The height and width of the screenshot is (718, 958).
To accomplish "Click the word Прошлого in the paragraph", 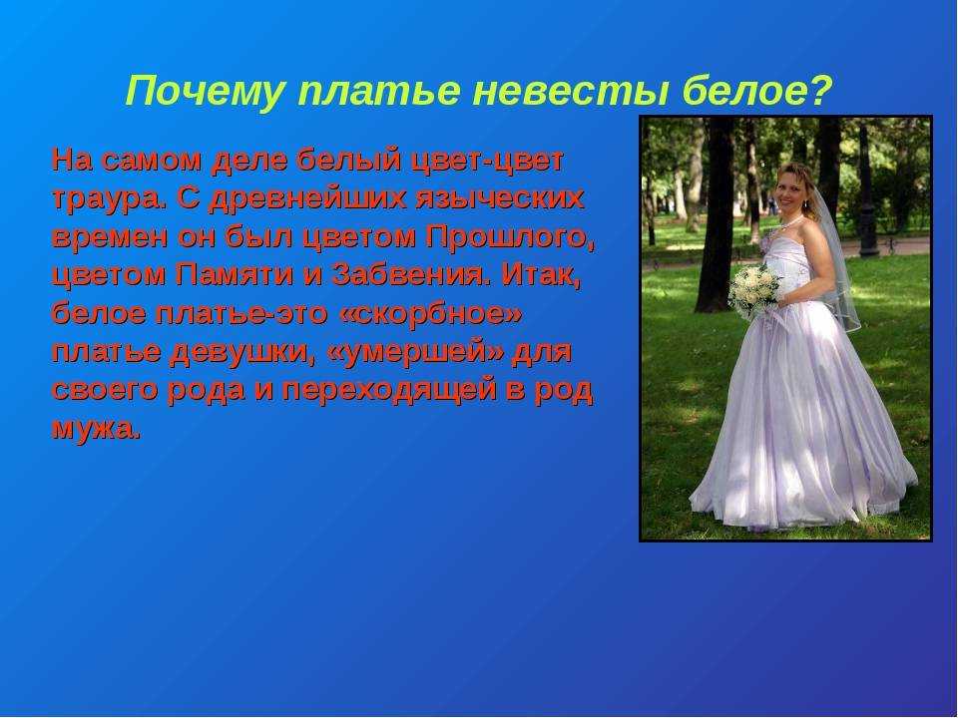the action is pyautogui.click(x=510, y=237).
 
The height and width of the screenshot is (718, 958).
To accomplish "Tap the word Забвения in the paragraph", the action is pyautogui.click(x=411, y=276).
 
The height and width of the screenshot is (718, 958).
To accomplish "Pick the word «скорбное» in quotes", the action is pyautogui.click(x=430, y=314).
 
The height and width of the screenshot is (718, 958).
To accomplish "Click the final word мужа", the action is pyautogui.click(x=97, y=429).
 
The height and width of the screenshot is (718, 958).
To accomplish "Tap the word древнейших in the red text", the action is pyautogui.click(x=306, y=199).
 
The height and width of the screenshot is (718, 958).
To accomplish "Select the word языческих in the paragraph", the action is pyautogui.click(x=499, y=199).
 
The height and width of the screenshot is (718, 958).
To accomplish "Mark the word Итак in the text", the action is pyautogui.click(x=540, y=276).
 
